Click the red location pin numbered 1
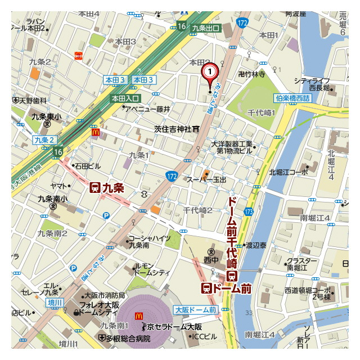[x=209, y=73]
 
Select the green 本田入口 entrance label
[x=125, y=98]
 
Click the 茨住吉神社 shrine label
[x=173, y=129]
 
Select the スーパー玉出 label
[x=206, y=179]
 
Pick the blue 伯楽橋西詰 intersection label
[x=292, y=98]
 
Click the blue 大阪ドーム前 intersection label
[x=195, y=310]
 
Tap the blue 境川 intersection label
[x=55, y=303]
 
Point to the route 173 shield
[x=248, y=211]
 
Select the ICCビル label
[x=204, y=336]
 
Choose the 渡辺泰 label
[x=255, y=245]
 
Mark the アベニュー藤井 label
[x=147, y=109]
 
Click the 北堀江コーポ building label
[x=289, y=172]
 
